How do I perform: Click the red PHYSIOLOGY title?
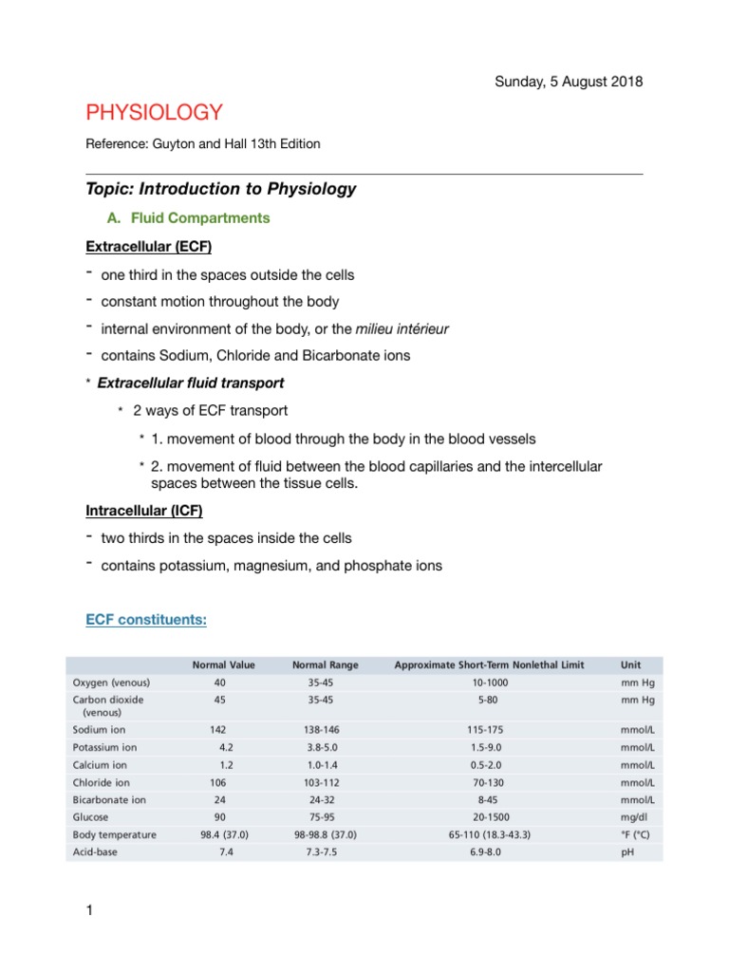coord(155,113)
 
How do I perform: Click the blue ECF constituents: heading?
coord(146,620)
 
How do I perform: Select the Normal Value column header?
coord(223,664)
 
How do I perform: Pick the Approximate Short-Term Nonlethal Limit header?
coord(489,664)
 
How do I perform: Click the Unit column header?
coord(630,664)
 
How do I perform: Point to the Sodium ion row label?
coord(100,730)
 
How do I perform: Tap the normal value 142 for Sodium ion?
coord(218,730)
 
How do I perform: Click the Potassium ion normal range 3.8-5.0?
coord(324,747)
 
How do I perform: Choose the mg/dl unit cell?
coord(632,816)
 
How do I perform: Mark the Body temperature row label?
coord(114,834)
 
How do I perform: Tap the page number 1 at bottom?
coord(89,912)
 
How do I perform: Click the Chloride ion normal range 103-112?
coord(324,782)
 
